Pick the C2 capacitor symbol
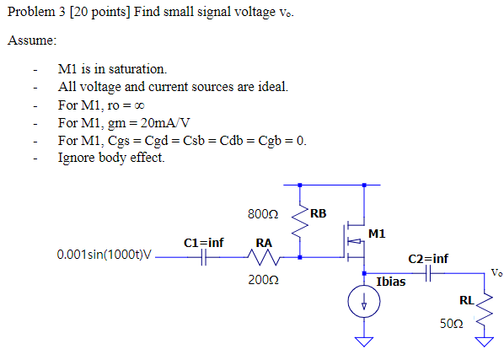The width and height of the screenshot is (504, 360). (428, 273)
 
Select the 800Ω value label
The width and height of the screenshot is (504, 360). (263, 214)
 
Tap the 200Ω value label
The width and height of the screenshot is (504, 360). (263, 278)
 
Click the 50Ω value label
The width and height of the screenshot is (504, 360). (452, 325)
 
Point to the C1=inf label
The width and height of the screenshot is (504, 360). (204, 243)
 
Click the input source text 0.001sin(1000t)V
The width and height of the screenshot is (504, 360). (105, 254)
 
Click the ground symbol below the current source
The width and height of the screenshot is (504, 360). (364, 341)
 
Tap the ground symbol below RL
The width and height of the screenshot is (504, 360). (485, 341)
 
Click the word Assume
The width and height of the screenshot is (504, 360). (32, 40)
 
